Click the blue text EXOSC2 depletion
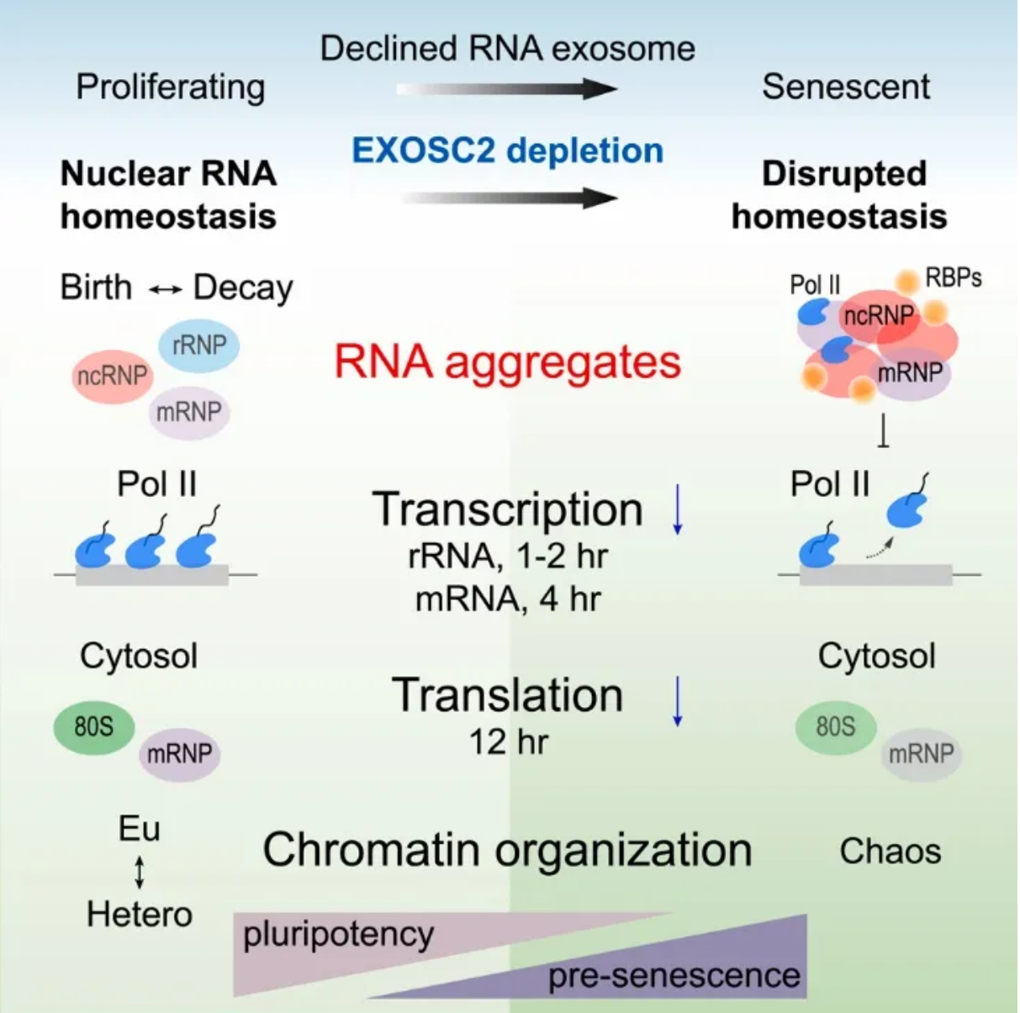coord(508,151)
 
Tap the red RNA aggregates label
coord(508,364)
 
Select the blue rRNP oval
coord(199,346)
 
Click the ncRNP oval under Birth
coord(112,377)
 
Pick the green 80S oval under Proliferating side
coord(94,726)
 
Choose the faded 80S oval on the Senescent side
coord(836,726)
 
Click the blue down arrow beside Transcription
coord(677,509)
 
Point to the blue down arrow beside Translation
coord(677,701)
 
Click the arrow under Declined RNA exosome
coord(507,89)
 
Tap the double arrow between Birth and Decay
coord(165,289)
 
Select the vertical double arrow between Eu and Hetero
coord(140,873)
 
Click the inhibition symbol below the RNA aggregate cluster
coord(883,430)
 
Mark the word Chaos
coord(891,852)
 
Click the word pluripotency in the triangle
coord(338,935)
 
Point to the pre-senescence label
coord(674,975)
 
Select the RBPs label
coord(953,278)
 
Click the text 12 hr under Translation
coord(508,742)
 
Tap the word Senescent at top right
coord(845,87)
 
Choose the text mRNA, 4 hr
coord(508,599)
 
